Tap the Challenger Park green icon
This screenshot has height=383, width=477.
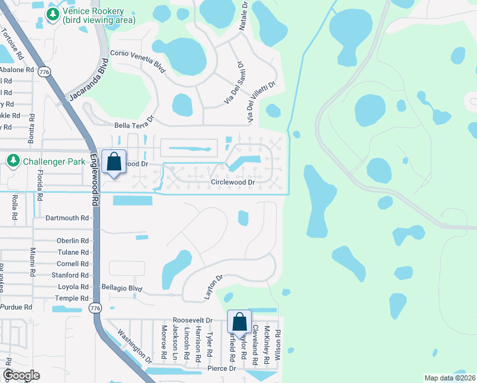point(13,161)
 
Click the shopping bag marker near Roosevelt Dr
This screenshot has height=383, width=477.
point(239,322)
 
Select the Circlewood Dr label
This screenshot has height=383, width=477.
point(233,183)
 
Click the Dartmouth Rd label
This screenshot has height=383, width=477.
point(67,218)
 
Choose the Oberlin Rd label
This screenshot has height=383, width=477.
point(72,241)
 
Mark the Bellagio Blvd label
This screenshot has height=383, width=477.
point(121,289)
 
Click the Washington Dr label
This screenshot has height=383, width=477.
point(135,347)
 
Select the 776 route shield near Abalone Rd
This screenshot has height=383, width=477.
point(44,71)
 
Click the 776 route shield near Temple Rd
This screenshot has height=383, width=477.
point(95,308)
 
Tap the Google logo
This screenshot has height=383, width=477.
point(21,376)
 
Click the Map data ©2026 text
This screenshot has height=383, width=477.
point(450,378)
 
